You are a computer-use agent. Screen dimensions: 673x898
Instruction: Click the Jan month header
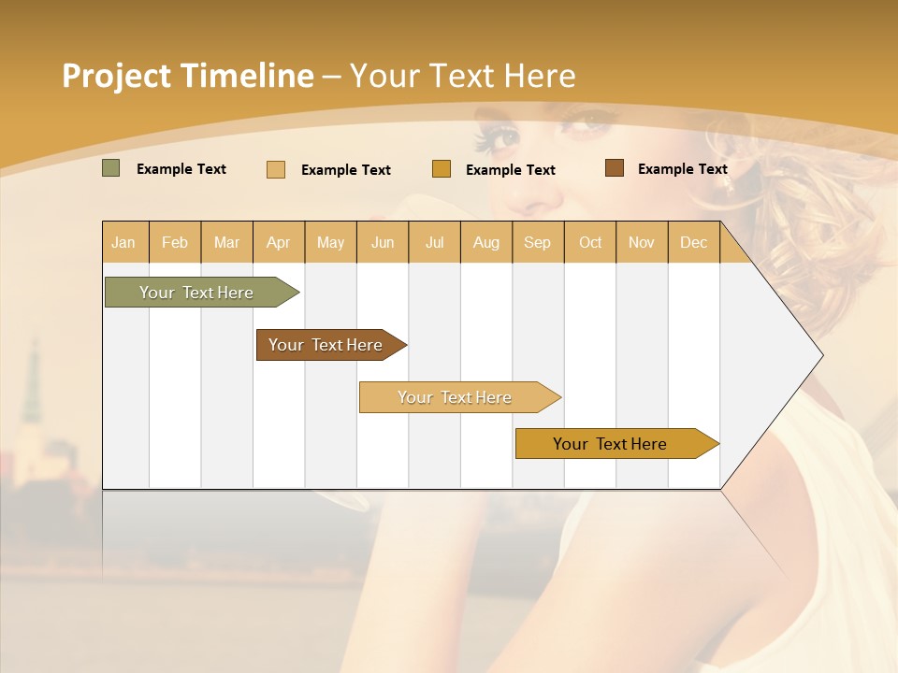(124, 242)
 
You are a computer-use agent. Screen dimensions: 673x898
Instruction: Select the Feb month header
(175, 242)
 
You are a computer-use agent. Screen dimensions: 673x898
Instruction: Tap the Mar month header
(226, 242)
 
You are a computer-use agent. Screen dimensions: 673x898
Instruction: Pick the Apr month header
(279, 242)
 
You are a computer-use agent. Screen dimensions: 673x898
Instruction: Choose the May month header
(330, 242)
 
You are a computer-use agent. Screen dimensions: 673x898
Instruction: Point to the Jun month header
(383, 242)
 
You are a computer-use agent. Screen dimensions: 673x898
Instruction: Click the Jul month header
(434, 242)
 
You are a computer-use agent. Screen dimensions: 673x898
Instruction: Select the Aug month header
(486, 242)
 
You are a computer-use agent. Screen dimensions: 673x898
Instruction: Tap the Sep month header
(538, 242)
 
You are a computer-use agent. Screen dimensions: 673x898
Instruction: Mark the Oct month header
(590, 242)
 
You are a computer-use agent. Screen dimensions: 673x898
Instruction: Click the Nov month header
(642, 242)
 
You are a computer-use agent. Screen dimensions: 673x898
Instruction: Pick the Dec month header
(694, 242)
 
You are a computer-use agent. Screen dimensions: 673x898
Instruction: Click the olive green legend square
(111, 168)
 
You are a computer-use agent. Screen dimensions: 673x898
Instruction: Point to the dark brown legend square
(614, 168)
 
